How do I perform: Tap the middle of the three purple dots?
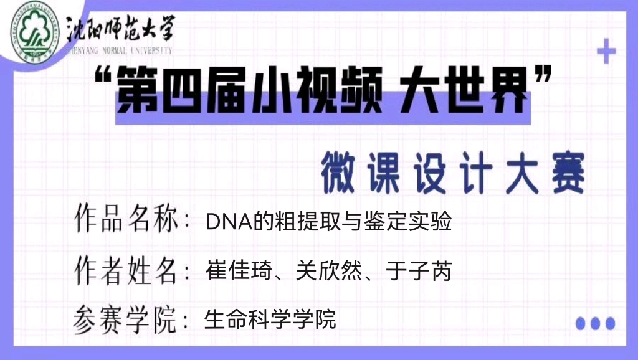[x=595, y=323]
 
